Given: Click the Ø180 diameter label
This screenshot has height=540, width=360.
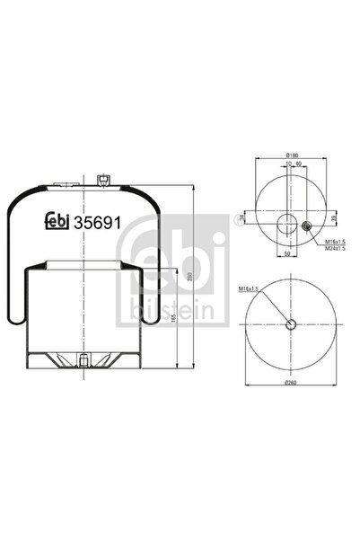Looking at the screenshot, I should (292, 155).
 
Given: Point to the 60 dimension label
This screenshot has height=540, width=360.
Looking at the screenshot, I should (297, 164).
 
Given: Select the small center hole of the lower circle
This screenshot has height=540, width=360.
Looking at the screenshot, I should (291, 325).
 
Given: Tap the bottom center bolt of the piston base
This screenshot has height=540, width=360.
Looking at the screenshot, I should (83, 362).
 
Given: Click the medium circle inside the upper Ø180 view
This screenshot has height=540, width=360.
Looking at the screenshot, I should (287, 224).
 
